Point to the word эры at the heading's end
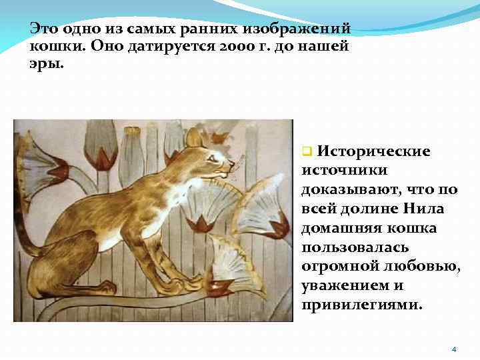coord(43,66)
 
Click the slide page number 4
coord(454,349)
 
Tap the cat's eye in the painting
coord(213,157)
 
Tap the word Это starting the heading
coord(43,29)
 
